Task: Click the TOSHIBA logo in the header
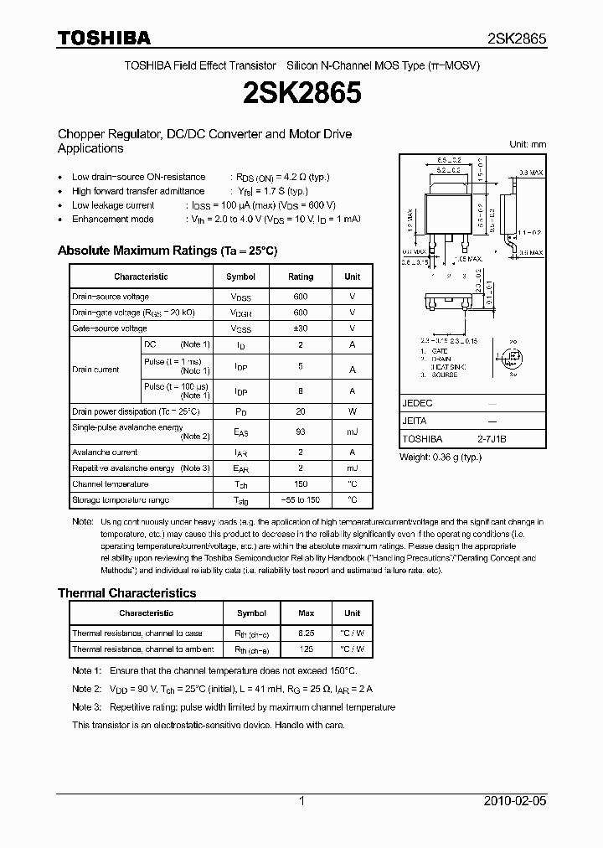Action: tap(104, 38)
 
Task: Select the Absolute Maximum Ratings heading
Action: tap(167, 251)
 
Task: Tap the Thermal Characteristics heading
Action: tap(126, 592)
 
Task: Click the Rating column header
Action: tap(301, 277)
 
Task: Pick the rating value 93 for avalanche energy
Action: tap(301, 431)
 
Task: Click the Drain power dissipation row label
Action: tap(136, 411)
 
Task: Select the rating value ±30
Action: tap(301, 328)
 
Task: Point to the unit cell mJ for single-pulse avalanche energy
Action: tap(352, 431)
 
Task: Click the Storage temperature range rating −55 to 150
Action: tap(301, 500)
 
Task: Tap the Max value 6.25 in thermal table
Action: tap(306, 633)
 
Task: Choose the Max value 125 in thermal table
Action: tap(306, 649)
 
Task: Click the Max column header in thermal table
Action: tap(306, 613)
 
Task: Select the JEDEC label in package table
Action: tap(417, 403)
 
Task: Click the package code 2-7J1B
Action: tap(492, 439)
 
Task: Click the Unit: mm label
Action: tap(528, 144)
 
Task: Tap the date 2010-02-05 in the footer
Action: tap(515, 801)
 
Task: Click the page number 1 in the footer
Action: tap(301, 801)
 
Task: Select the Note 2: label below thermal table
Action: tap(86, 689)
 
